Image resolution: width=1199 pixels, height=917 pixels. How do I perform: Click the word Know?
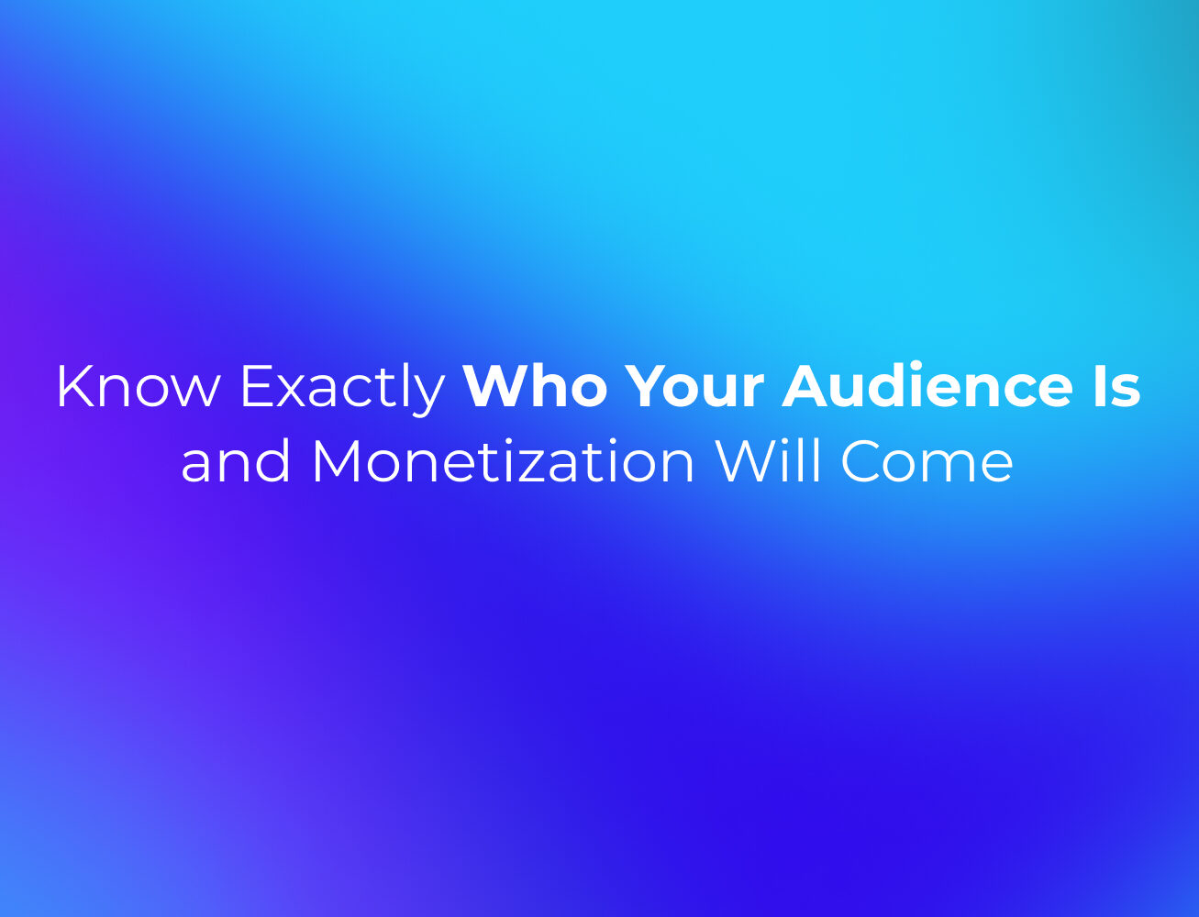139,386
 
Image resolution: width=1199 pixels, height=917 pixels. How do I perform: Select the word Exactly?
342,390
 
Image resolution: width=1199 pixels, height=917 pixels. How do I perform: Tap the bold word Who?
536,385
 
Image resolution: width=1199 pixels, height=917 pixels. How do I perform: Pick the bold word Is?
1117,386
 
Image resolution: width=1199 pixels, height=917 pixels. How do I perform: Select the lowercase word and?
235,460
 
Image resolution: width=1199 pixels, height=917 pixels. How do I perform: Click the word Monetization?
503,460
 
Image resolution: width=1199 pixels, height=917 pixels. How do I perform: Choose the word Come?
927,461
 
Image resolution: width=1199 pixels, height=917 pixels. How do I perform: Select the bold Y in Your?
647,386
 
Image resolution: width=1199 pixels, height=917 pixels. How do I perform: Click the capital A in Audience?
806,386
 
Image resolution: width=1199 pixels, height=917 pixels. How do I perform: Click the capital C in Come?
862,461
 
